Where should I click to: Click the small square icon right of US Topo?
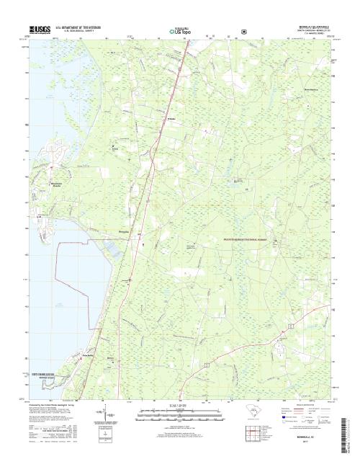tap(244, 32)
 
